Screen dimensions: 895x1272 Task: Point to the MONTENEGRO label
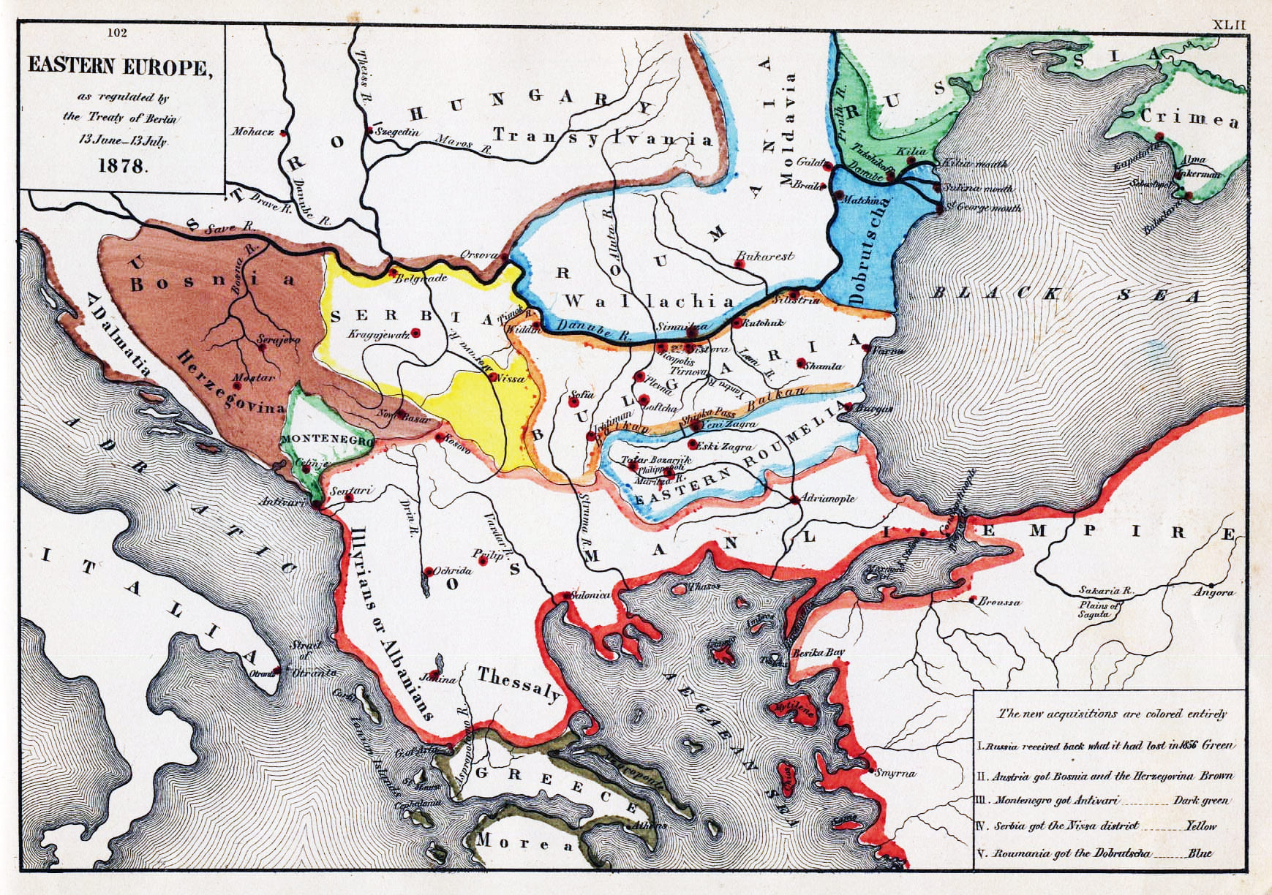pos(326,439)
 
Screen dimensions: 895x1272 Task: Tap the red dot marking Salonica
pos(565,597)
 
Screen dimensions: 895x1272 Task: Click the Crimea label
pos(1189,118)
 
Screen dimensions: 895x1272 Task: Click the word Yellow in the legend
pos(1200,826)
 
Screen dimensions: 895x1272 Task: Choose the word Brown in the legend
pos(1216,776)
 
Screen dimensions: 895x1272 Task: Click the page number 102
pos(117,33)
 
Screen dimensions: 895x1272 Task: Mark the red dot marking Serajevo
pos(261,347)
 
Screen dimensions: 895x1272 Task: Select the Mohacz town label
pos(253,132)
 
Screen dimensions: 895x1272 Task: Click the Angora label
pos(1212,592)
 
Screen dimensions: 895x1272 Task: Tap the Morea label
pos(525,843)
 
